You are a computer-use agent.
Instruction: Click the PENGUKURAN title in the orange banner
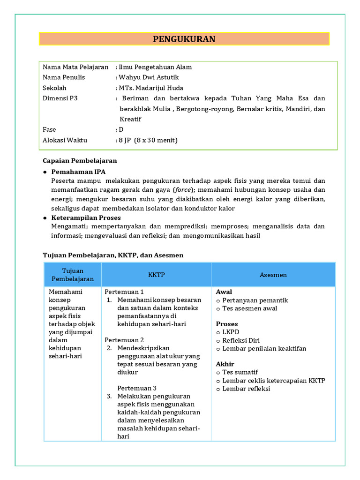(x=184, y=39)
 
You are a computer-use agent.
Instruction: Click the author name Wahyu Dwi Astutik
(x=149, y=77)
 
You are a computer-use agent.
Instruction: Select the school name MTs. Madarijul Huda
(x=151, y=88)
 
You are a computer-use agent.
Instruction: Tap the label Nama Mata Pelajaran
(x=75, y=67)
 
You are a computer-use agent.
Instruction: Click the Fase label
(x=49, y=129)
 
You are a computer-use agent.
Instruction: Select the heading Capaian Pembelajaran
(x=80, y=160)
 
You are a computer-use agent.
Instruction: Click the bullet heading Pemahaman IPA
(x=78, y=172)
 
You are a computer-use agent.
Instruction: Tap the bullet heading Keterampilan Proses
(x=86, y=217)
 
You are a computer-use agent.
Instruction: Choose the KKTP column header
(x=156, y=275)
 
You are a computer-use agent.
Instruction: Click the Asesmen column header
(x=273, y=275)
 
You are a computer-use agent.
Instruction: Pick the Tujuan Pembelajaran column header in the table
(x=72, y=275)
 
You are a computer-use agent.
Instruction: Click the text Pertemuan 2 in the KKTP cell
(x=124, y=340)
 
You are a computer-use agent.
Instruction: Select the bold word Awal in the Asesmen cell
(x=224, y=292)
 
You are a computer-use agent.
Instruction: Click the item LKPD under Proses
(x=231, y=332)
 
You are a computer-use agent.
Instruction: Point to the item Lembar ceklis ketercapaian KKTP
(x=274, y=380)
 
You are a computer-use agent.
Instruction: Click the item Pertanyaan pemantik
(x=255, y=300)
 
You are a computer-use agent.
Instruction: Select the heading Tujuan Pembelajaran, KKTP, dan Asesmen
(x=113, y=255)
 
